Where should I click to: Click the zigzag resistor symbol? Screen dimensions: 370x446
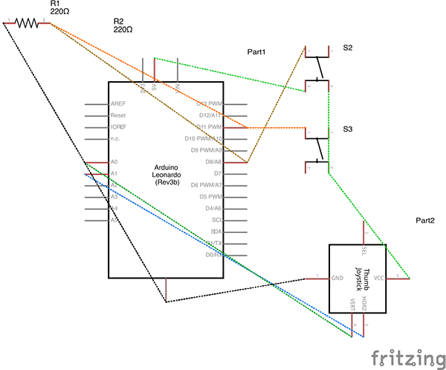point(28,23)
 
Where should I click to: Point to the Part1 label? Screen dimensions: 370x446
point(256,52)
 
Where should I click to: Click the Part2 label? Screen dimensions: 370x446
point(425,222)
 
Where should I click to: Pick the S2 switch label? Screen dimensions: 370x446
point(347,48)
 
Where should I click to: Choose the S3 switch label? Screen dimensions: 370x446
point(347,130)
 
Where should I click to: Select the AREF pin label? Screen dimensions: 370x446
point(117,104)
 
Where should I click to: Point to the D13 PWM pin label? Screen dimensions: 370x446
point(209,104)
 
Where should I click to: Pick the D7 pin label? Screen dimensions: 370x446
point(218,173)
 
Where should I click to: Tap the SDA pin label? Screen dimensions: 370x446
point(216,232)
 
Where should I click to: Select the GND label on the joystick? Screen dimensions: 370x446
point(337,278)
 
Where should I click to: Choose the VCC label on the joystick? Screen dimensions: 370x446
point(378,278)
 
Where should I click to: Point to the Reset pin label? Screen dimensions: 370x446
point(117,116)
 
